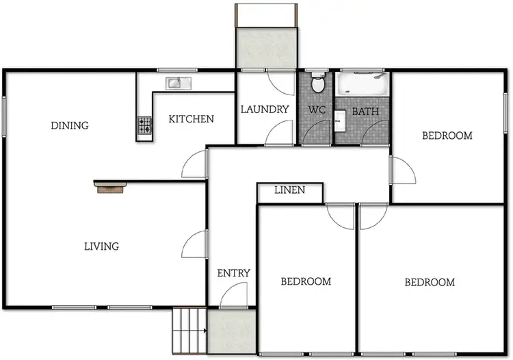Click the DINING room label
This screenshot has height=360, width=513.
pyautogui.click(x=70, y=125)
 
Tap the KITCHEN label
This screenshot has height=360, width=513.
pyautogui.click(x=191, y=119)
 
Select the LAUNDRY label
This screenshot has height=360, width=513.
pyautogui.click(x=265, y=109)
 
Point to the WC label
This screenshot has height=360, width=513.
pyautogui.click(x=316, y=110)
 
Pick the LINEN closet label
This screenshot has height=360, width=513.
pyautogui.click(x=289, y=190)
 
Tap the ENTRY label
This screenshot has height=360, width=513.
pyautogui.click(x=233, y=273)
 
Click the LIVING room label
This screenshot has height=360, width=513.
pyautogui.click(x=101, y=246)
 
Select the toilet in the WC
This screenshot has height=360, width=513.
pyautogui.click(x=317, y=85)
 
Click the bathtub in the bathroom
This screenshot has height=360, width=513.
pyautogui.click(x=361, y=85)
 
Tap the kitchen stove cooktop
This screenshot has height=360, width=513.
pyautogui.click(x=145, y=125)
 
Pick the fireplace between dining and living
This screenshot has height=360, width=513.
pyautogui.click(x=109, y=187)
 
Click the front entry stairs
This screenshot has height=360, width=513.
pyautogui.click(x=189, y=330)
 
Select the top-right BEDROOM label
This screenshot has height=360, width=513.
pyautogui.click(x=447, y=136)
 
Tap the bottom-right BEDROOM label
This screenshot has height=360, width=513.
pyautogui.click(x=430, y=282)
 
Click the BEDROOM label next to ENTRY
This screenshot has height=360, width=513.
pyautogui.click(x=306, y=281)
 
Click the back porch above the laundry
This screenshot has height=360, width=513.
pyautogui.click(x=267, y=48)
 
